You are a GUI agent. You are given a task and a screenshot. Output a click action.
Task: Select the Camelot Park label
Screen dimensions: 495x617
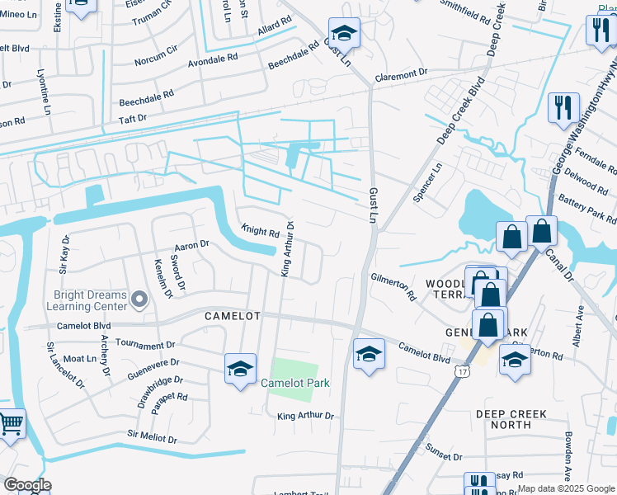pos(294,383)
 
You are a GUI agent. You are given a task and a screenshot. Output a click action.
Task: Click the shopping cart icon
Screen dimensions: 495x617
pos(10,424)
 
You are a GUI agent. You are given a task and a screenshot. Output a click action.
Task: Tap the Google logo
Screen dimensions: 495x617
pos(26,485)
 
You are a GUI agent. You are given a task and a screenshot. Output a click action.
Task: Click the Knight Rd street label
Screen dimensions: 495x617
pos(260,232)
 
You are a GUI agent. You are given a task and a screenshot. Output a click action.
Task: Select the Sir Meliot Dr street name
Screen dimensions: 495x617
pos(153,436)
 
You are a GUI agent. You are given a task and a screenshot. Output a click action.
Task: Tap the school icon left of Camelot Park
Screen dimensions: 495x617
pos(240,369)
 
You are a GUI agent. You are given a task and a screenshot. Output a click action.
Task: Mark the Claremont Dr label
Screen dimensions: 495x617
pos(401,74)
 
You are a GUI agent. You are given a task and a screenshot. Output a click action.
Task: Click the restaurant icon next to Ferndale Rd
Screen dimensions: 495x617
pos(563,107)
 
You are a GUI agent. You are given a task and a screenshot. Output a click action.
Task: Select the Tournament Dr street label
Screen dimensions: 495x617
pos(145,343)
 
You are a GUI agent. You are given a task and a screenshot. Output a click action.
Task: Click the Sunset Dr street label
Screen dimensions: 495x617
pos(445,455)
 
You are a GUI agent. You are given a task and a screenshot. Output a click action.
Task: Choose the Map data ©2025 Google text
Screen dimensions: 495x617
pos(566,488)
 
